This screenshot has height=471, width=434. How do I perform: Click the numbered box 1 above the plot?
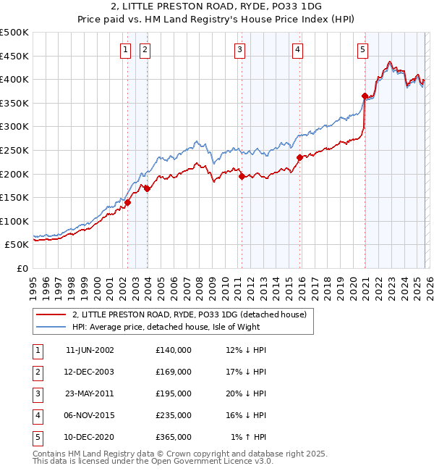(x=125, y=49)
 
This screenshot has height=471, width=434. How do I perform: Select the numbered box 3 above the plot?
(x=239, y=49)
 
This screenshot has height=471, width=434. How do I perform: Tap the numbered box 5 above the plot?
(x=362, y=49)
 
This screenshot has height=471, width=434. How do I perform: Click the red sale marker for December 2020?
(x=365, y=96)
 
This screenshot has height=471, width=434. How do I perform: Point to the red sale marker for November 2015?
(x=299, y=157)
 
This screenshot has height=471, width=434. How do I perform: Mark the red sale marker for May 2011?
(x=242, y=175)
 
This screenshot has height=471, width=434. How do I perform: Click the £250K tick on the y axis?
(x=14, y=150)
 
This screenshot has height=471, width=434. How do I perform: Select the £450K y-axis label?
(x=14, y=56)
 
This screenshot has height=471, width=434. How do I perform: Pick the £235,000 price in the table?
(x=174, y=415)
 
